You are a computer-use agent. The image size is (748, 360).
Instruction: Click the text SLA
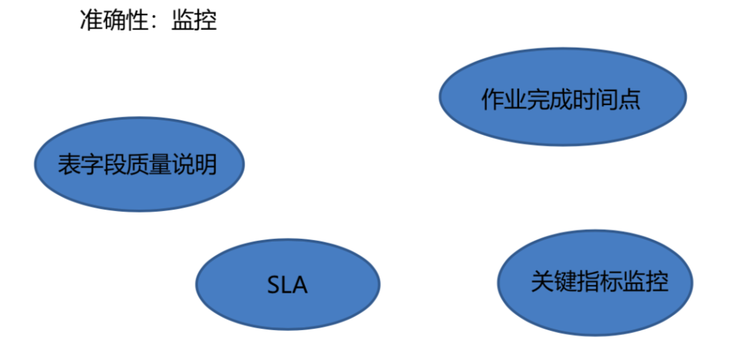(x=287, y=285)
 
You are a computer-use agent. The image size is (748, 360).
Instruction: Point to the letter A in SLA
(x=301, y=285)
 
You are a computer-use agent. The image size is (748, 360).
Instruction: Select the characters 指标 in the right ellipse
(x=600, y=282)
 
